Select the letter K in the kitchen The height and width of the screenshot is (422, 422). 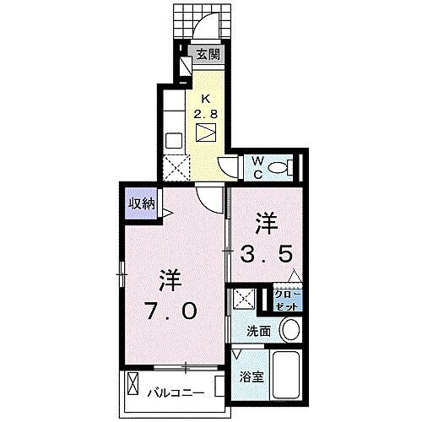click(x=207, y=98)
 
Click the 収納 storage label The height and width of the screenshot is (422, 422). click(x=142, y=203)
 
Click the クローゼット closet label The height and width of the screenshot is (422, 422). click(x=288, y=297)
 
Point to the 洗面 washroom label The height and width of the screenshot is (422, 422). click(x=258, y=331)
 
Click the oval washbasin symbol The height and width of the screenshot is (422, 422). click(x=289, y=330)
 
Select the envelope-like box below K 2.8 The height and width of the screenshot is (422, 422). click(x=207, y=133)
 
